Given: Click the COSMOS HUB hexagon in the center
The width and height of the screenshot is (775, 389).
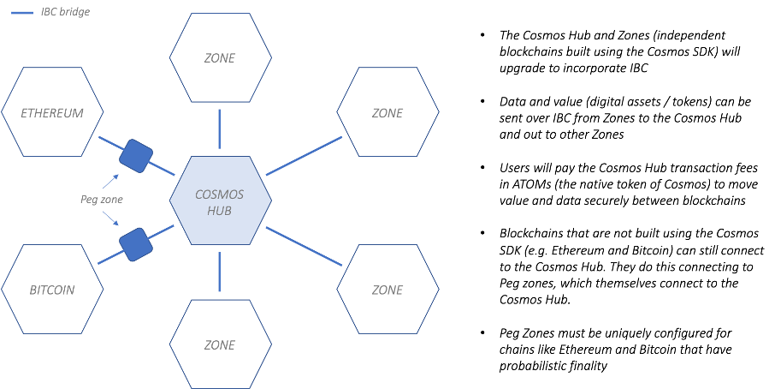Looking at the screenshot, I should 221,201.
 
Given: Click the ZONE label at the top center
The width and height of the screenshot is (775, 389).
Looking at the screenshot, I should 220,58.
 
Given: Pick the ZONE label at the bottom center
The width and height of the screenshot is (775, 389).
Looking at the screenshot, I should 220,344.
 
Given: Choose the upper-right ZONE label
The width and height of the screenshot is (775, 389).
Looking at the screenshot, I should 387,112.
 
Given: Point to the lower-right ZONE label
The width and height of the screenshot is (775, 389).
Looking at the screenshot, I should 387,290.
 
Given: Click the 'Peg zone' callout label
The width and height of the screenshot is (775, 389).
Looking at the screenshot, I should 103,200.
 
